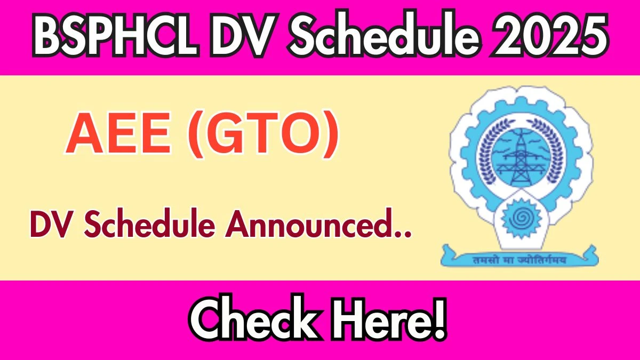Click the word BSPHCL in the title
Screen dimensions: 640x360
tap(116, 34)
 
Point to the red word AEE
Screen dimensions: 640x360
tap(118, 133)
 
